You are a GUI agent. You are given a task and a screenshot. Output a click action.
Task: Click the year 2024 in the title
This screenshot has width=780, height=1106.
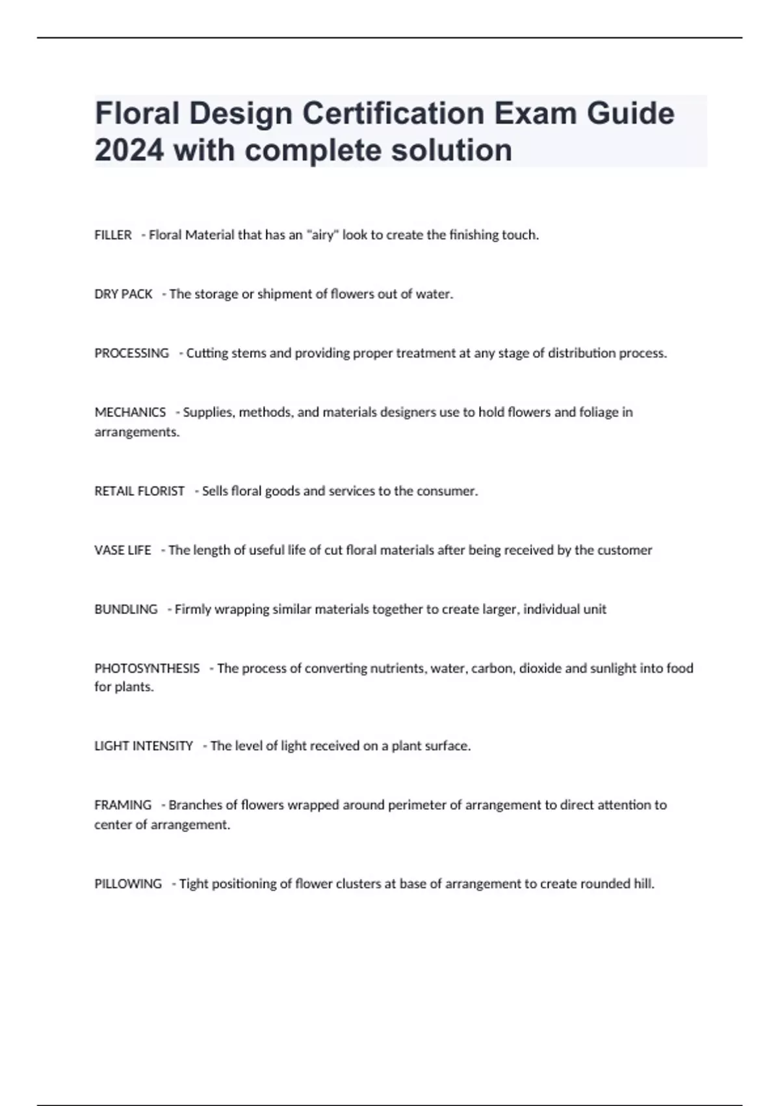[x=129, y=150]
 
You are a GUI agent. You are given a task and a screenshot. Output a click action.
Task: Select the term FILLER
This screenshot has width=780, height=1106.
[x=113, y=235]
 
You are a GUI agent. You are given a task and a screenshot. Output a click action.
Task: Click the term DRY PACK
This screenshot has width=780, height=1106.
[x=123, y=294]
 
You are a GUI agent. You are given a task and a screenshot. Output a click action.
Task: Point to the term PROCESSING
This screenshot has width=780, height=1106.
[x=131, y=353]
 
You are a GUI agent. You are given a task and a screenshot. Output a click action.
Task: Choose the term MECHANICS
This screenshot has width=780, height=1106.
[x=130, y=412]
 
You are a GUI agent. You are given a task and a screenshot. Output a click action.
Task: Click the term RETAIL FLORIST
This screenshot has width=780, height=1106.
[x=139, y=491]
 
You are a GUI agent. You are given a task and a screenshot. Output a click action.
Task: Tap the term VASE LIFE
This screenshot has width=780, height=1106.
[x=122, y=550]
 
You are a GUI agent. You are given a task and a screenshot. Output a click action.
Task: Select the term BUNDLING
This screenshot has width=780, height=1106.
[x=125, y=610]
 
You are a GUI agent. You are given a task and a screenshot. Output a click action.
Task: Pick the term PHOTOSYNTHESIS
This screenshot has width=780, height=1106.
[x=147, y=668]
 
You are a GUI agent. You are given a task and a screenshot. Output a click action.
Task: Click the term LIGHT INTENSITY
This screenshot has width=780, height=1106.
[x=144, y=746]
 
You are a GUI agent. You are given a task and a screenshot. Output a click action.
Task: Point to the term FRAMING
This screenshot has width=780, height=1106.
[x=123, y=805]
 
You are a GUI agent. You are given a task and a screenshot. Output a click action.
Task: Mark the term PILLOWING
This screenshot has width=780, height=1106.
[x=128, y=883]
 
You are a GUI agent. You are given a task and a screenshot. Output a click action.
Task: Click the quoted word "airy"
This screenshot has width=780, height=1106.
[x=322, y=235]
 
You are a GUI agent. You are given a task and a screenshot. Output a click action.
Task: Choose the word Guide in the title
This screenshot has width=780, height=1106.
[x=630, y=113]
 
